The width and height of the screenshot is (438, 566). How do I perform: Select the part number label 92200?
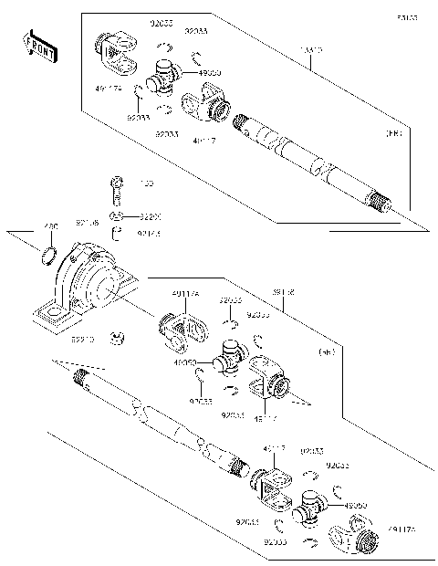pos(150,217)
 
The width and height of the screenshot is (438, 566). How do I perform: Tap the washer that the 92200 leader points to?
pos(114,216)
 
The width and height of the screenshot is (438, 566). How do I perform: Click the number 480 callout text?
pos(51,226)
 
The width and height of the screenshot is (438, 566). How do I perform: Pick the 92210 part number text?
pos(83,340)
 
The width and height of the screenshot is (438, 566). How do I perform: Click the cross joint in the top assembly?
pos(165,77)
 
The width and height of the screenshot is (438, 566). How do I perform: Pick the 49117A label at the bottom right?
pos(402,529)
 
